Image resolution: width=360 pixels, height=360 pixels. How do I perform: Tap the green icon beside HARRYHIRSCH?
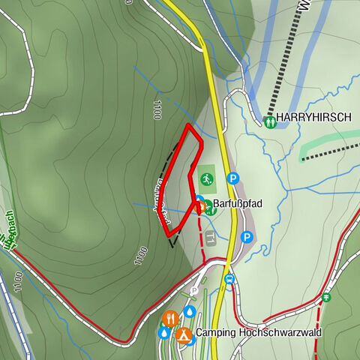tap(269, 119)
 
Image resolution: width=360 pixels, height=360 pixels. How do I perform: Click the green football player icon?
tap(205, 179)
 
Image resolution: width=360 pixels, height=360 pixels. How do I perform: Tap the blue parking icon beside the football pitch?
tap(233, 179)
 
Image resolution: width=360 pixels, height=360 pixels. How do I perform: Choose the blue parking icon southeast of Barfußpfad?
tap(247, 237)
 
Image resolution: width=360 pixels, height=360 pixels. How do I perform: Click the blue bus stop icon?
tap(229, 280)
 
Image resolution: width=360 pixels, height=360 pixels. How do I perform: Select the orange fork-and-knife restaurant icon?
tap(170, 317)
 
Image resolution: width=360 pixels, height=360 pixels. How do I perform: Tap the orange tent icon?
tap(182, 332)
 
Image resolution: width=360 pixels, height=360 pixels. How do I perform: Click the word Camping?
tap(215, 333)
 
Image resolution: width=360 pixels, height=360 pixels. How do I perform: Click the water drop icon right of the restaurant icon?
tap(190, 311)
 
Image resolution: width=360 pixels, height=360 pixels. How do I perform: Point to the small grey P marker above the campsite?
tap(194, 291)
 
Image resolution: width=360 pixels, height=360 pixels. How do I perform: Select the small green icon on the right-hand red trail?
tap(325, 298)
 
